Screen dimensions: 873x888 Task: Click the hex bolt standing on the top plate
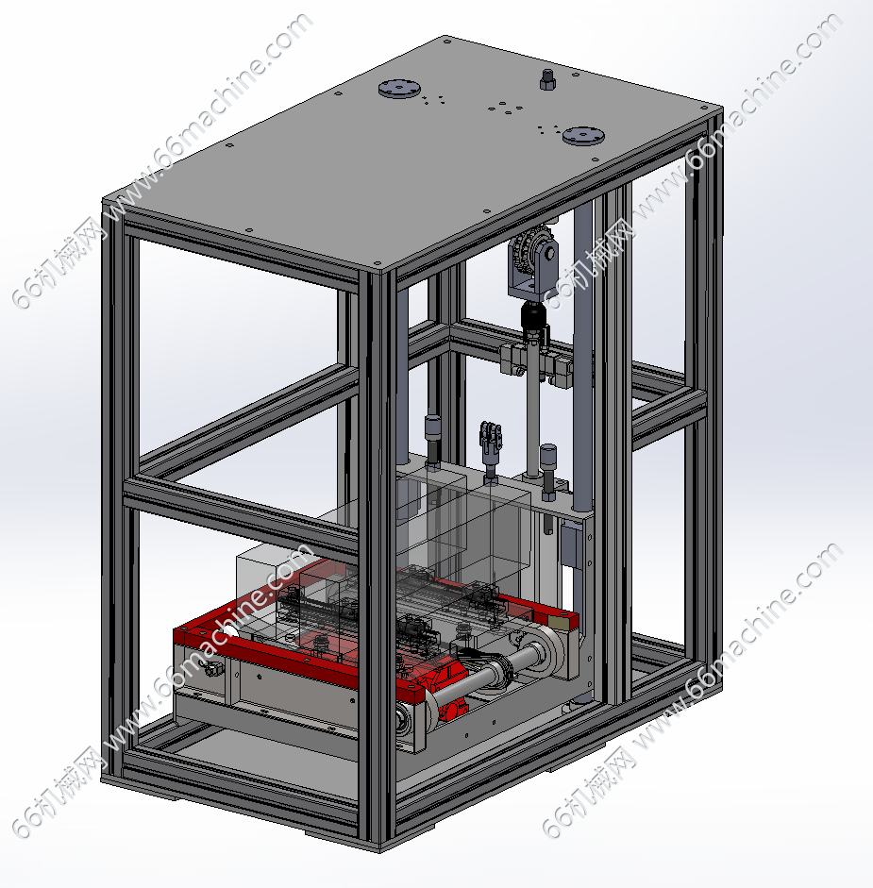[546, 80]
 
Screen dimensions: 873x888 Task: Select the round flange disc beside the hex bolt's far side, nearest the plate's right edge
[583, 136]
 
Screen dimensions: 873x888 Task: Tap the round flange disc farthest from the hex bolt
[399, 89]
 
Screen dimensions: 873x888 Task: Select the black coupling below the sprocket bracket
[533, 322]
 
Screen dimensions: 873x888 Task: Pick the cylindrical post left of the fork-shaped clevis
[432, 442]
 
